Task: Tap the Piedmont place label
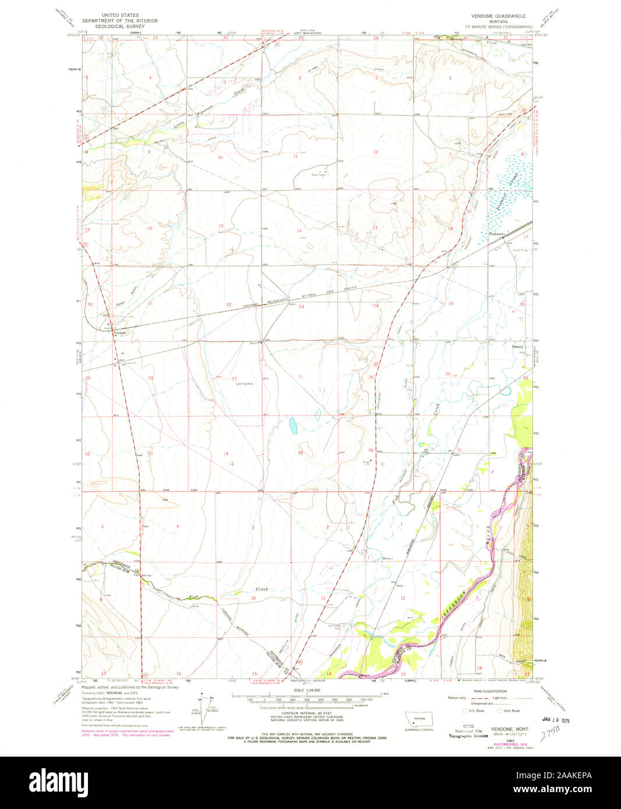[x=496, y=235]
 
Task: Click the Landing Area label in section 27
[x=244, y=384]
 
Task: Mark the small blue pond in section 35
[x=294, y=425]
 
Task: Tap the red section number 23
[x=301, y=307]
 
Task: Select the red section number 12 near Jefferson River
[x=403, y=598]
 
